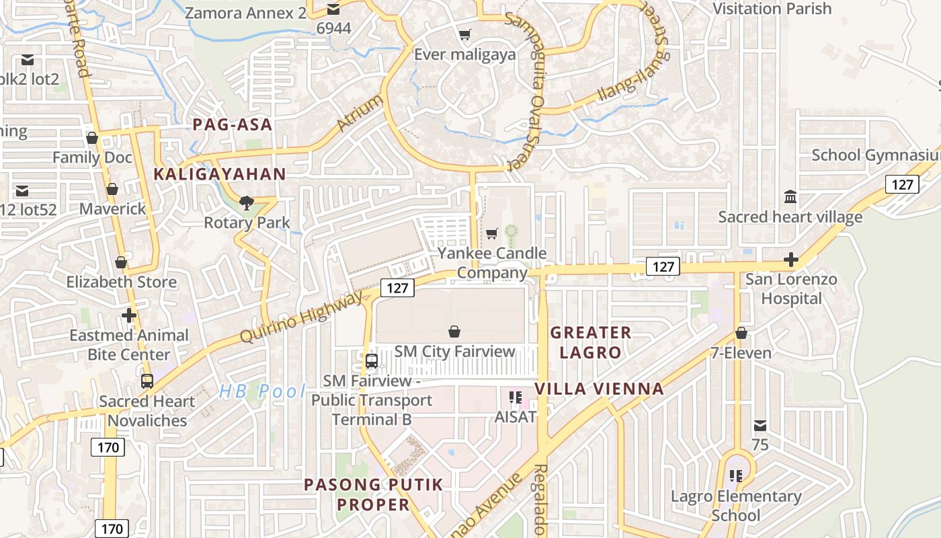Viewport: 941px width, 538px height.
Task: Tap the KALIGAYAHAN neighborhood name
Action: click(x=220, y=174)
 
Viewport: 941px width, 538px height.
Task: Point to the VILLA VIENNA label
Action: click(x=599, y=389)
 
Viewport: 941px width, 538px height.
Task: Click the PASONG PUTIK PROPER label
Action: click(x=374, y=494)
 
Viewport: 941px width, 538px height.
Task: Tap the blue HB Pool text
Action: click(x=262, y=391)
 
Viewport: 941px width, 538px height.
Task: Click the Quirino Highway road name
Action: click(x=300, y=317)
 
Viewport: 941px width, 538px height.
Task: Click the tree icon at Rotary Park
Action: click(x=247, y=203)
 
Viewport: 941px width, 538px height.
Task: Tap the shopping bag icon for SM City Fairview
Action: click(x=454, y=332)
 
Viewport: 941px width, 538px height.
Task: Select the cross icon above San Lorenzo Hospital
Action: click(x=791, y=260)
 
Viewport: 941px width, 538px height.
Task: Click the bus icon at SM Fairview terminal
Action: click(x=372, y=361)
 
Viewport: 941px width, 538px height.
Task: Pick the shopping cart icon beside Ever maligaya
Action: click(x=464, y=34)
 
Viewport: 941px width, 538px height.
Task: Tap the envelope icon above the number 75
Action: click(x=760, y=426)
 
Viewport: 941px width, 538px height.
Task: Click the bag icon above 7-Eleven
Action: click(x=741, y=333)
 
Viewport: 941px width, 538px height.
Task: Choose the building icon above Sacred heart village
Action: click(x=790, y=197)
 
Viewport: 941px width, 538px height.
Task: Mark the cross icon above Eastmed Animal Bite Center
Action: click(x=129, y=315)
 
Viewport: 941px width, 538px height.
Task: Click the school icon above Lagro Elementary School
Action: click(x=736, y=476)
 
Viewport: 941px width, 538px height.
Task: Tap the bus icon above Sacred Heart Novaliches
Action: click(x=147, y=381)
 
